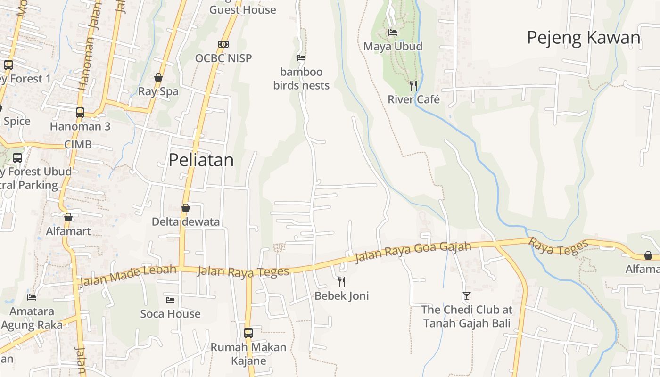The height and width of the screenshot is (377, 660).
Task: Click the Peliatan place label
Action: click(x=201, y=160)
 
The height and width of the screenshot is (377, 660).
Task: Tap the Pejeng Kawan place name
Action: click(x=584, y=38)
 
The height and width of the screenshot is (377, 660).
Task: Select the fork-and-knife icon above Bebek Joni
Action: click(x=342, y=282)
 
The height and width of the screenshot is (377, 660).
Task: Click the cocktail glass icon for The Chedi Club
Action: click(x=467, y=296)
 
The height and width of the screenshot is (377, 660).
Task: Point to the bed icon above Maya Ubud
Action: click(x=393, y=33)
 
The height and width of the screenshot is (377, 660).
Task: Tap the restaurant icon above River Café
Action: click(x=413, y=85)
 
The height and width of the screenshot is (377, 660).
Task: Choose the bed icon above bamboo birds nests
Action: click(x=301, y=58)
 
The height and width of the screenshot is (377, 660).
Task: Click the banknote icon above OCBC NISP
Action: click(x=223, y=44)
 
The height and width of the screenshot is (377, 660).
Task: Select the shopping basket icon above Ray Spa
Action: click(x=158, y=77)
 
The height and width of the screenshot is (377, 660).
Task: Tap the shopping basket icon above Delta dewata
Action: click(x=186, y=208)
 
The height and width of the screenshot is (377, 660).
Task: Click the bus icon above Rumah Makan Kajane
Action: click(x=248, y=333)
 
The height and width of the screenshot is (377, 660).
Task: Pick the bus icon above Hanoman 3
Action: click(x=80, y=113)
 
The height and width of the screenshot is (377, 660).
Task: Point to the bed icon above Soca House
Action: click(x=170, y=300)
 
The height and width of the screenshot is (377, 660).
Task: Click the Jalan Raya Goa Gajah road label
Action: click(x=413, y=252)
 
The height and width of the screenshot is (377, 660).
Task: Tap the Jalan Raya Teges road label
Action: click(x=243, y=272)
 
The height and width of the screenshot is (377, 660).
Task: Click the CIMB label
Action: click(x=78, y=145)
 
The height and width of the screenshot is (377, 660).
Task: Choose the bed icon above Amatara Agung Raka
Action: click(x=32, y=297)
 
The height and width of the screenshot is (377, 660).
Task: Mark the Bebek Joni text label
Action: click(x=342, y=296)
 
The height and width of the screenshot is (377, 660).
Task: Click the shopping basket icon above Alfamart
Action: click(x=68, y=217)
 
